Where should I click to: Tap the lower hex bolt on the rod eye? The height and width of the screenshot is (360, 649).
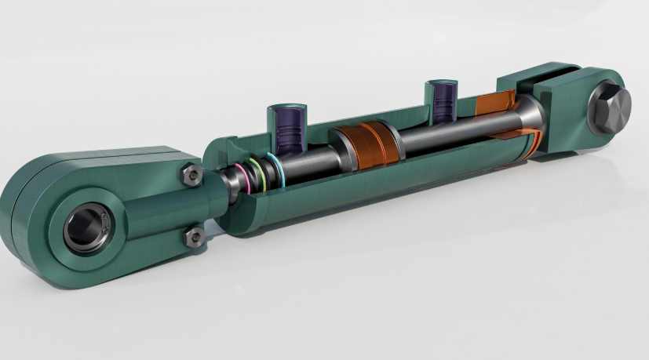(191, 236)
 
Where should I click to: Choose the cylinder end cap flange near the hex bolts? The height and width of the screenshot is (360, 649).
(216, 188)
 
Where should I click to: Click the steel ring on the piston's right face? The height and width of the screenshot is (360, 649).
(396, 141)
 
